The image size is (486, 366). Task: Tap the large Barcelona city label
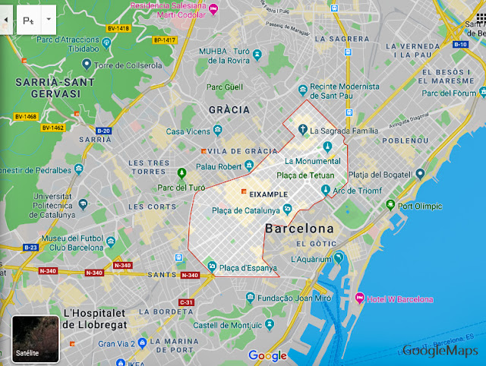[x=299, y=228]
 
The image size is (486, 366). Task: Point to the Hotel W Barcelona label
[x=399, y=299]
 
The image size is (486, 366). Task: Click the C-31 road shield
[x=186, y=302]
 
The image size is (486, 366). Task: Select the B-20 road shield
[x=103, y=131]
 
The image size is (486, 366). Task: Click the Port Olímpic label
[x=422, y=205]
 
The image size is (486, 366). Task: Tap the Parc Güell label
[x=225, y=87]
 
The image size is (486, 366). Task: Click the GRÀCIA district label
[x=229, y=110]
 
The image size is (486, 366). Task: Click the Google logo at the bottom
[x=267, y=355]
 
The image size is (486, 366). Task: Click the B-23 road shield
[x=30, y=248]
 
